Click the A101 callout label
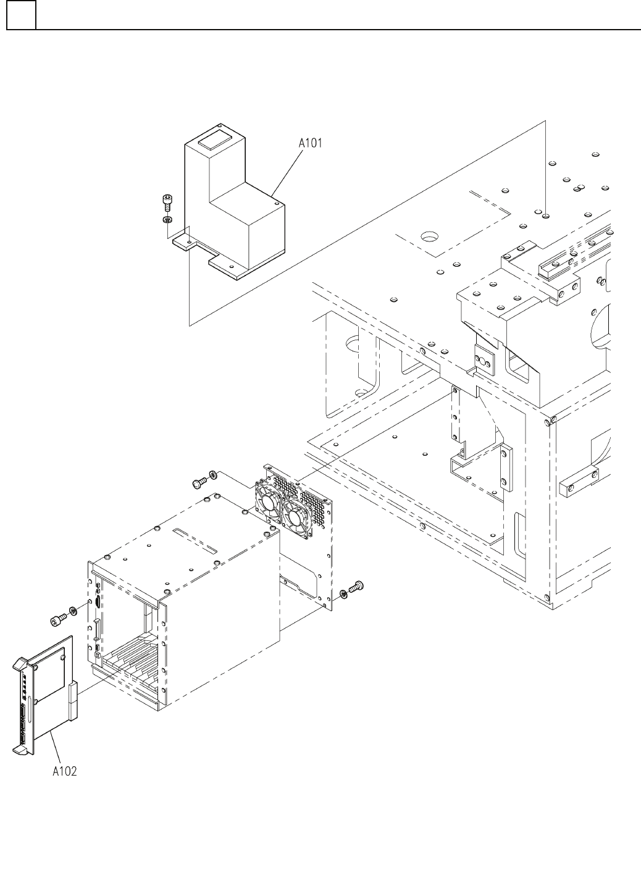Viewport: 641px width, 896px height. click(x=310, y=143)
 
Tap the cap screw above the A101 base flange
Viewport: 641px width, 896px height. click(x=166, y=201)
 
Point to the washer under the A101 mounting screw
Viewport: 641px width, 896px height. click(x=167, y=220)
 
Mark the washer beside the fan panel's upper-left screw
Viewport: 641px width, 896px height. click(x=213, y=474)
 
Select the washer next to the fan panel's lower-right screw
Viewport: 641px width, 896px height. click(x=343, y=594)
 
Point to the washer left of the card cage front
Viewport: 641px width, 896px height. click(x=72, y=611)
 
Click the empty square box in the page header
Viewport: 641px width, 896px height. click(x=21, y=15)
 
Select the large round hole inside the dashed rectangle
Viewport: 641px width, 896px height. click(x=429, y=237)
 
